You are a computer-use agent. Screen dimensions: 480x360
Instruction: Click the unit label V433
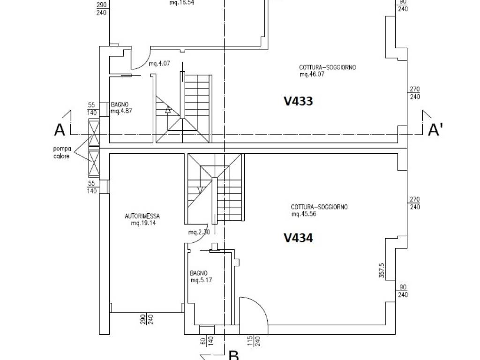click(x=298, y=101)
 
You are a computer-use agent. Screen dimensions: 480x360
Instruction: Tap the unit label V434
click(x=298, y=238)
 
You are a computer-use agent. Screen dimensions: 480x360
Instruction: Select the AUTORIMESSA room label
click(x=142, y=216)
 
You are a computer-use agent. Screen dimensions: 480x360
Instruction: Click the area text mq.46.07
click(x=312, y=75)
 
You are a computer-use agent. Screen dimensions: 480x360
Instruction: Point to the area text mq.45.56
click(x=304, y=214)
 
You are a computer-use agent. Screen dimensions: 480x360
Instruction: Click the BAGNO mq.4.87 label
click(x=121, y=108)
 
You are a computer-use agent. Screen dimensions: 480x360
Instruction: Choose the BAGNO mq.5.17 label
click(x=201, y=277)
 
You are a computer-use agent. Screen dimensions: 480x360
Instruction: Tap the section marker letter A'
click(x=435, y=129)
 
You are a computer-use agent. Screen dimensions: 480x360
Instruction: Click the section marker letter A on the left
click(x=60, y=129)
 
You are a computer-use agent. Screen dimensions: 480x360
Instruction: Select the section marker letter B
click(x=234, y=355)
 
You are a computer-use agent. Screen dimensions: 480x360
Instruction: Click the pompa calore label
click(x=62, y=152)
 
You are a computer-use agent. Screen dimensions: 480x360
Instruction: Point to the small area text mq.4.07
click(x=159, y=64)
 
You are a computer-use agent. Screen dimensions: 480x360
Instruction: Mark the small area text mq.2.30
click(x=199, y=232)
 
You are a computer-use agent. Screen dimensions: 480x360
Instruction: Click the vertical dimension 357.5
click(x=382, y=270)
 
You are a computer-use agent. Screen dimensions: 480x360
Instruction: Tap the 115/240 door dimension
click(x=254, y=341)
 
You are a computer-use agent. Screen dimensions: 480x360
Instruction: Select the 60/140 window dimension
click(x=207, y=341)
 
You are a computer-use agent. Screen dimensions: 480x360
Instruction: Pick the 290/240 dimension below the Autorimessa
click(x=146, y=319)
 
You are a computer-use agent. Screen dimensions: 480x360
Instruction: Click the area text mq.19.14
click(x=143, y=223)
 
